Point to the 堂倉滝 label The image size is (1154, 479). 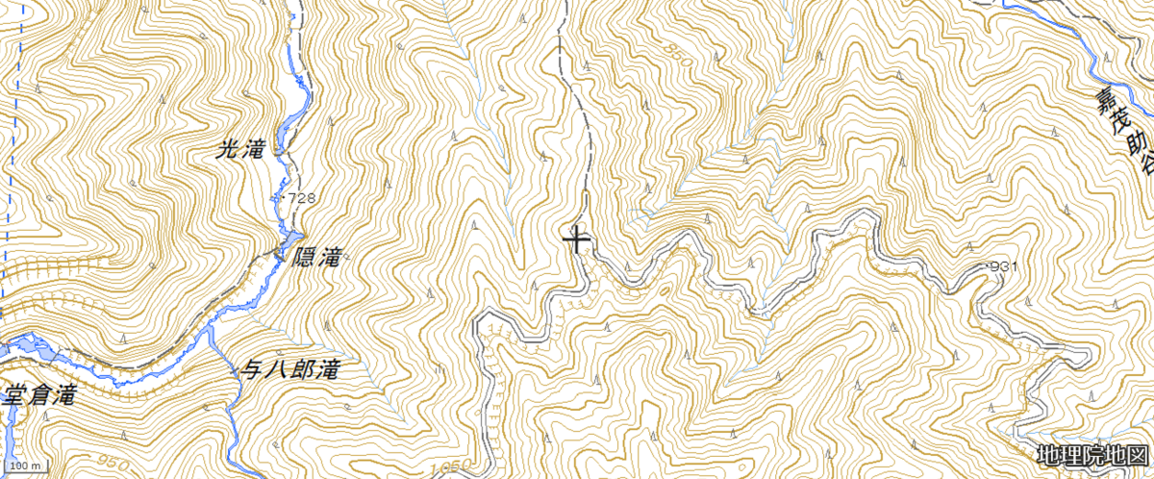pos(38,394)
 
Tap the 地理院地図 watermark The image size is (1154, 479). pos(1092,454)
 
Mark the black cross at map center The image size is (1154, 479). pos(576,238)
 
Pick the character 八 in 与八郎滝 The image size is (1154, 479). pos(276,367)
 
